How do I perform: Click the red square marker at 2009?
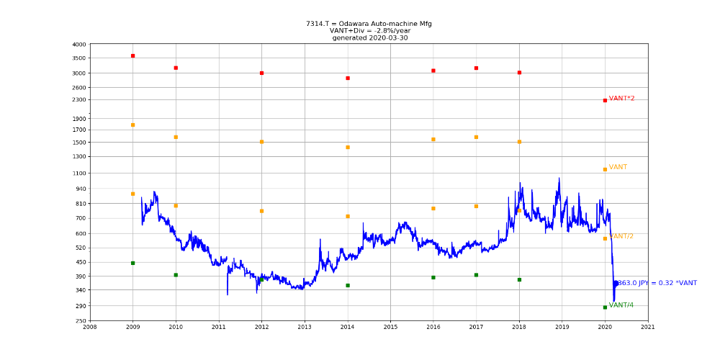[x=132, y=55]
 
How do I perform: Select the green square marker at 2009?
[x=132, y=263]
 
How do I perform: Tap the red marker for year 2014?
[x=347, y=78]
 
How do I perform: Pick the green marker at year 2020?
[x=605, y=307]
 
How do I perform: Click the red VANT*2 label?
[x=621, y=99]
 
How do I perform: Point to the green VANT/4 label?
[x=621, y=305]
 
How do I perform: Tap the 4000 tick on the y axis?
[x=78, y=45]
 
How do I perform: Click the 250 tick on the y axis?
[x=80, y=321]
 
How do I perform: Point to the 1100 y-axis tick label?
[x=78, y=174]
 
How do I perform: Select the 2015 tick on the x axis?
[x=390, y=327]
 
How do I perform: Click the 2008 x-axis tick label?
[x=89, y=327]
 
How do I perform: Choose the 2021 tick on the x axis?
[x=648, y=327]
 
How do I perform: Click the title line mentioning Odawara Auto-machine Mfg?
[x=369, y=24]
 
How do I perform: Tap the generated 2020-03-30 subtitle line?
[x=369, y=38]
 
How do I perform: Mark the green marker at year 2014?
[x=347, y=285]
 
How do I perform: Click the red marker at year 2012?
[x=261, y=73]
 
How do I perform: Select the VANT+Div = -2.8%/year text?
[x=369, y=31]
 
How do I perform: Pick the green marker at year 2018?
[x=519, y=279]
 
